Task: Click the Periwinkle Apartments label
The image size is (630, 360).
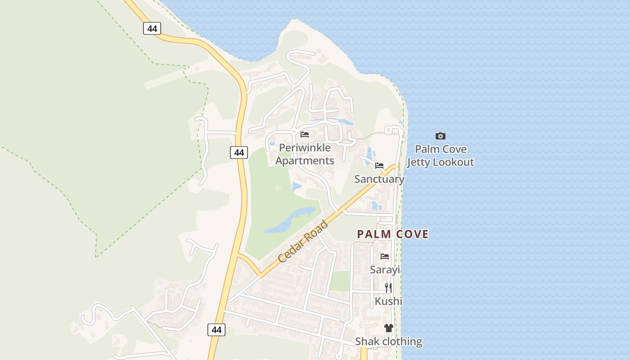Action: click(305, 154)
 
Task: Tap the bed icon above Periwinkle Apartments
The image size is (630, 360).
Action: click(305, 134)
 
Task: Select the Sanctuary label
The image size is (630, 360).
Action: click(379, 179)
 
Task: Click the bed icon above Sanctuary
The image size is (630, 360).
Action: click(379, 166)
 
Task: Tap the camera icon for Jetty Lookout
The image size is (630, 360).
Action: click(441, 136)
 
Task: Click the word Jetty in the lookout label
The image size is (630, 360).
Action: click(419, 162)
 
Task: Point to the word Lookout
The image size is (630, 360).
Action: click(454, 162)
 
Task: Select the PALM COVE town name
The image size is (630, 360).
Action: click(393, 234)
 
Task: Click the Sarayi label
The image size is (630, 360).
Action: click(385, 270)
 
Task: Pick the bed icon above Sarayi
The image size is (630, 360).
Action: click(385, 256)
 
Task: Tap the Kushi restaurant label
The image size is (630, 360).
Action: click(388, 301)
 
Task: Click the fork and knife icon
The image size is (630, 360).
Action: click(388, 288)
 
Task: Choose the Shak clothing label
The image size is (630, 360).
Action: click(389, 342)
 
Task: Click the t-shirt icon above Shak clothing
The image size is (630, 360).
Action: click(389, 328)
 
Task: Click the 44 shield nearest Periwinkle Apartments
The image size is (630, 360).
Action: click(239, 153)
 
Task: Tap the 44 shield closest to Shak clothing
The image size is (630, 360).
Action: click(216, 329)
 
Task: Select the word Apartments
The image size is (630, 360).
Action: click(305, 161)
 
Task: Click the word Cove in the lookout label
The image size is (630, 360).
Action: click(454, 149)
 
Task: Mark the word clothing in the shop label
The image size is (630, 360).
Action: click(402, 342)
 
